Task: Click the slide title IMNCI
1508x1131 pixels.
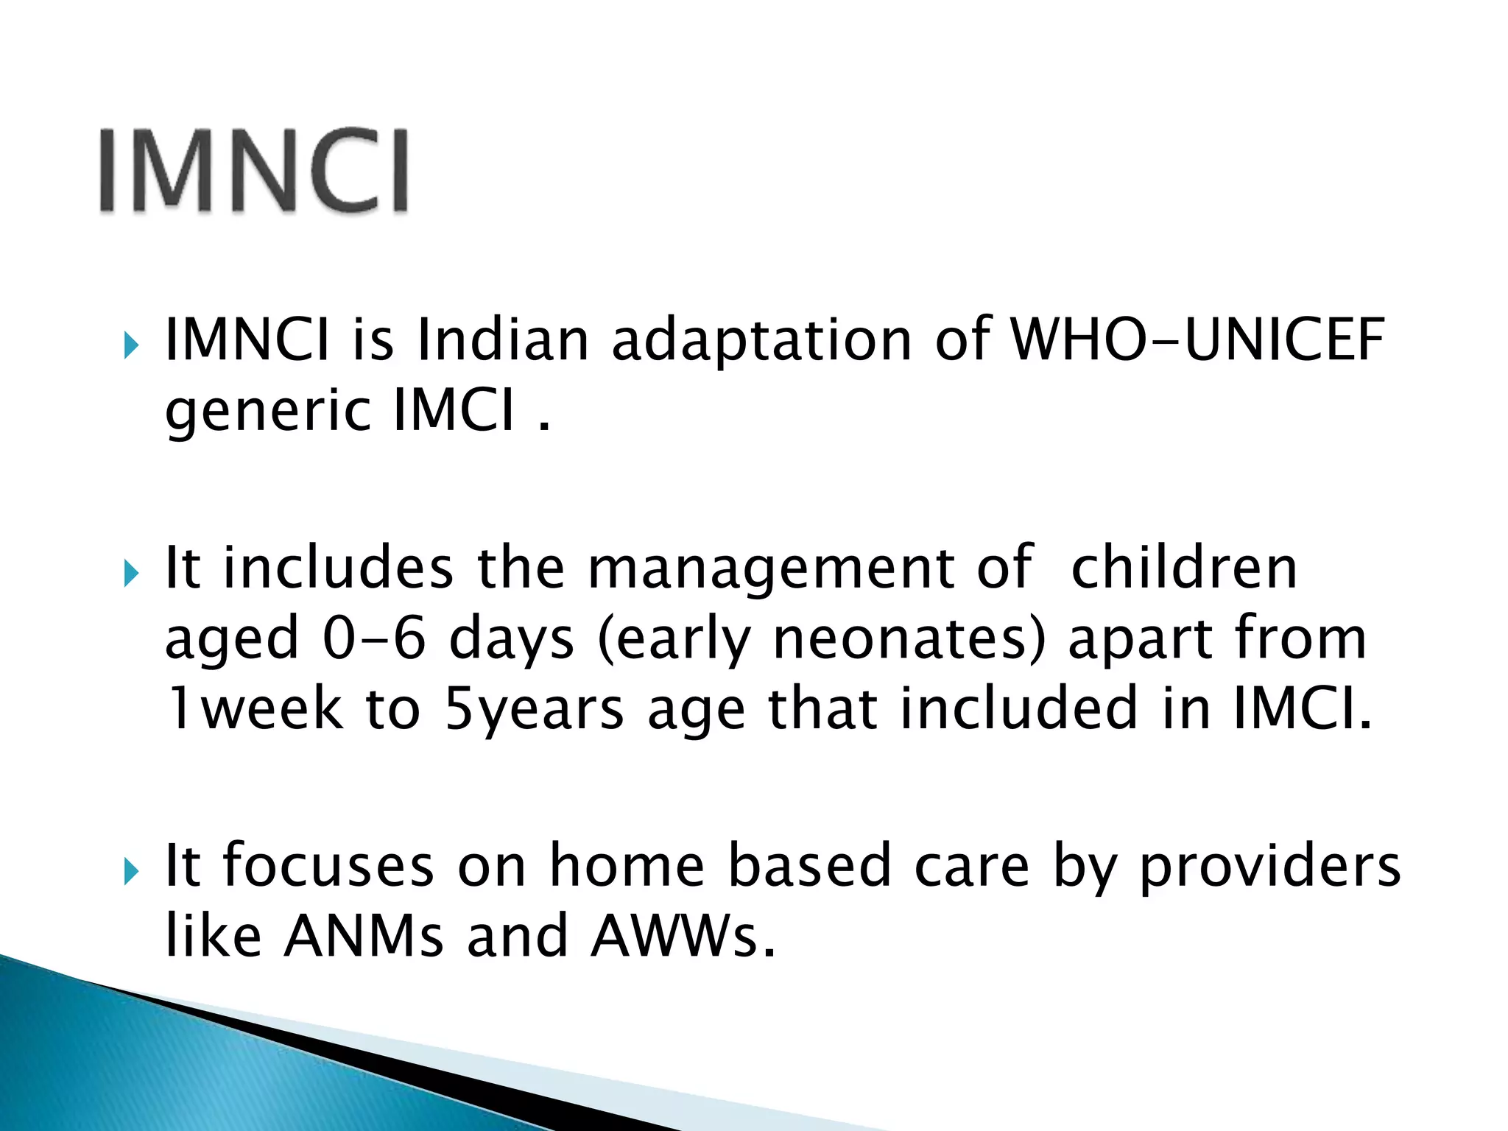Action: coord(253,171)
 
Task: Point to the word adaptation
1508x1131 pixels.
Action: coord(762,341)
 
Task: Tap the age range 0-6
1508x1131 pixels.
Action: coord(374,638)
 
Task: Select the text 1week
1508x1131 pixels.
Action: coord(254,708)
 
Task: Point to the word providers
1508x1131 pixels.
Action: coord(1270,867)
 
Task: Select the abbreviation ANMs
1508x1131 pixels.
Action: coord(364,936)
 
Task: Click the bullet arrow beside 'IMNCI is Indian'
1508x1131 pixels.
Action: coord(131,345)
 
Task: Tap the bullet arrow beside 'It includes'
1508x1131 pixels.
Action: coord(131,572)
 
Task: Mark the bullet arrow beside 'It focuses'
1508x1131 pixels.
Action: coord(131,871)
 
